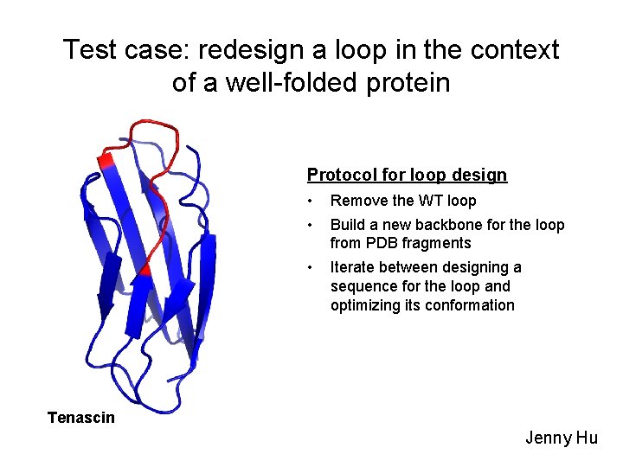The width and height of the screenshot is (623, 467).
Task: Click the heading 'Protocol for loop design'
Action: pos(407,175)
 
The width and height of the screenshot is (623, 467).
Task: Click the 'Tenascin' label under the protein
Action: pos(80,418)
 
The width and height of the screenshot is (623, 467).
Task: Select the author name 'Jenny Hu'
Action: pos(562,438)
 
